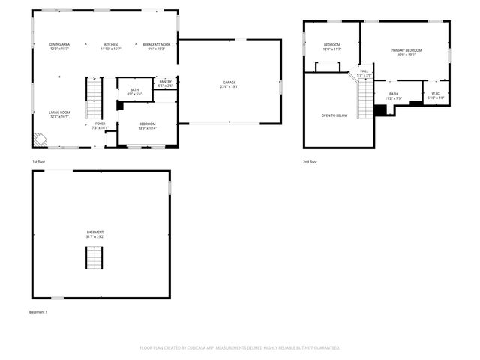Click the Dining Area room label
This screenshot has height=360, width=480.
(x=60, y=45)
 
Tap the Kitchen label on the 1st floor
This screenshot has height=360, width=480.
(x=111, y=45)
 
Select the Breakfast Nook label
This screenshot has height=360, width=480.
(x=157, y=45)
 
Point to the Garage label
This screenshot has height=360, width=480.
(x=229, y=82)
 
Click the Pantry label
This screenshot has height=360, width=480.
(x=166, y=81)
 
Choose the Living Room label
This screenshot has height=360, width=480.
(x=60, y=112)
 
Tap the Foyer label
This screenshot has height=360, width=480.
(x=100, y=124)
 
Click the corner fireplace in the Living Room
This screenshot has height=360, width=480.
(x=39, y=139)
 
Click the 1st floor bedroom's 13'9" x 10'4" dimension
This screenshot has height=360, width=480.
(x=147, y=128)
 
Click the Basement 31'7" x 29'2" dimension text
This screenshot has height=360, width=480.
(x=95, y=236)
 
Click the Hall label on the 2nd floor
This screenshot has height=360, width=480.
(x=364, y=71)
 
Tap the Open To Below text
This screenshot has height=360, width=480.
(x=334, y=115)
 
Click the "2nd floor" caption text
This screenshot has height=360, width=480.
(x=310, y=162)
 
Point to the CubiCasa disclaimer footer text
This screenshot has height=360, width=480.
(x=240, y=347)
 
